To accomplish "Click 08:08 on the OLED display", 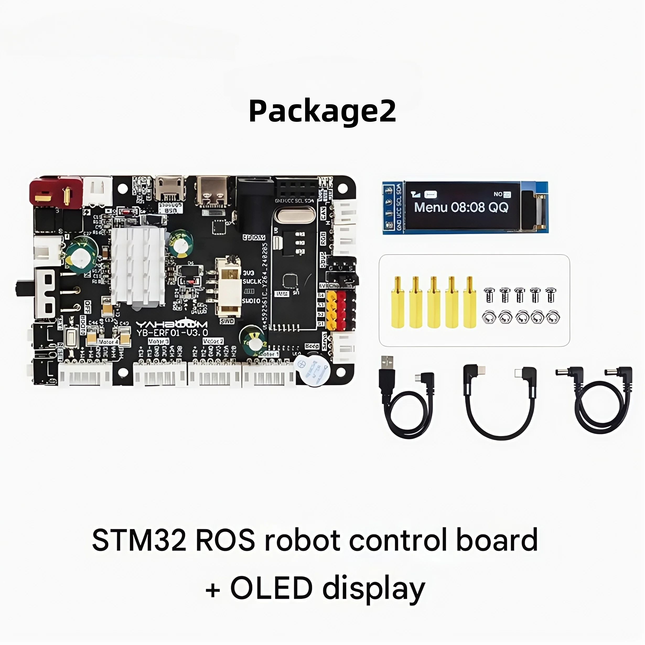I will tap(467, 207).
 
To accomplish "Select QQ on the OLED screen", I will tap(498, 207).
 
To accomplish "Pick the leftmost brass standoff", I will tap(397, 302).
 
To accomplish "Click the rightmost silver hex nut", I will tap(553, 318).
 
